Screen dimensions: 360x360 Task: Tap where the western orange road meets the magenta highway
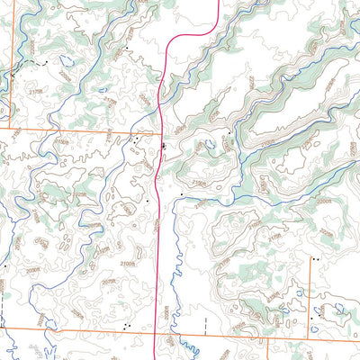pos(160,130)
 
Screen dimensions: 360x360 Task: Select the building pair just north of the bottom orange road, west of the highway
pos(130,325)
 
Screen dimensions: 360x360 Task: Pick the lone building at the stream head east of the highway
pos(182,193)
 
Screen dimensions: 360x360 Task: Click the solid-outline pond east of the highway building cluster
pos(209,143)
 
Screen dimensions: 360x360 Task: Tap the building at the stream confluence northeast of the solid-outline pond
pos(229,133)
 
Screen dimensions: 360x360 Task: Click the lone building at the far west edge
pos(5,266)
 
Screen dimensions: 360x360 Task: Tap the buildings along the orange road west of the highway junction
pos(135,139)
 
